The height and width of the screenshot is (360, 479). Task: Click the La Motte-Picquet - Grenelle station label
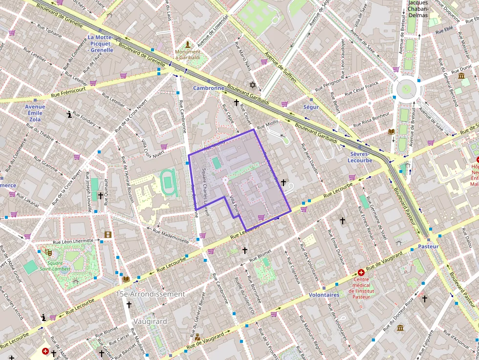(x=101, y=43)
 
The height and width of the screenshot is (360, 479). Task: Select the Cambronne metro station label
(x=208, y=88)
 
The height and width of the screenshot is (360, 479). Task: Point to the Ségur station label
(x=311, y=107)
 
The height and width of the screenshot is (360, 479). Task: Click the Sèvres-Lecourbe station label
(x=361, y=157)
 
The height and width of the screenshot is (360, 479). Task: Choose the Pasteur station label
(x=428, y=247)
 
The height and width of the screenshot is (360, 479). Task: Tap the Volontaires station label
(x=324, y=295)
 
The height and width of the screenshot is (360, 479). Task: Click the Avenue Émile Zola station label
(x=35, y=113)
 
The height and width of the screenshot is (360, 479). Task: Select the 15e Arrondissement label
(x=150, y=294)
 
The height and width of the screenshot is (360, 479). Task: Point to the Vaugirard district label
(x=150, y=321)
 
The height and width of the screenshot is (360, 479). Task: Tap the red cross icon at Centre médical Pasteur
(x=361, y=272)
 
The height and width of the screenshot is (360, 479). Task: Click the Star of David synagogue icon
(x=253, y=85)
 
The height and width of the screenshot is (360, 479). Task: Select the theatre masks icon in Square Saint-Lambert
(x=48, y=252)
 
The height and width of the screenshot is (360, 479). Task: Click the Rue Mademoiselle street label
(x=171, y=235)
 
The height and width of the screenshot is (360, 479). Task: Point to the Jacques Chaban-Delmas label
(x=417, y=9)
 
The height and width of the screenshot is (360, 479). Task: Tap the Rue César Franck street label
(x=362, y=89)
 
